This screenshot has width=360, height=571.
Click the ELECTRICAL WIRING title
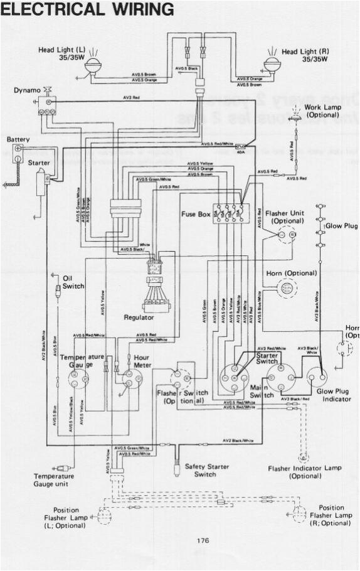[x=88, y=10]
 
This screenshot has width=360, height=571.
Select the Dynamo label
[x=27, y=90]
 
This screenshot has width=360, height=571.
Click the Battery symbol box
[x=18, y=151]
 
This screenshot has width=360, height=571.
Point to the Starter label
[x=38, y=163]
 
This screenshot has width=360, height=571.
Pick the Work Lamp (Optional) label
[x=322, y=111]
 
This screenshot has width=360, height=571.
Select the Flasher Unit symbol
[x=286, y=235]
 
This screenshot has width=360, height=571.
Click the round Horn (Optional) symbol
[x=286, y=288]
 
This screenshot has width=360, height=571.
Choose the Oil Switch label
[x=73, y=282]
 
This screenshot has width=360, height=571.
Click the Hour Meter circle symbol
[x=130, y=378]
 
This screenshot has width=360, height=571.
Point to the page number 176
[x=202, y=540]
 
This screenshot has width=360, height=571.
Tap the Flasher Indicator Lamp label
[x=305, y=472]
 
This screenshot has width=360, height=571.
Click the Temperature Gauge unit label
[x=53, y=480]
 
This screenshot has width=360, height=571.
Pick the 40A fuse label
[x=240, y=151]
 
